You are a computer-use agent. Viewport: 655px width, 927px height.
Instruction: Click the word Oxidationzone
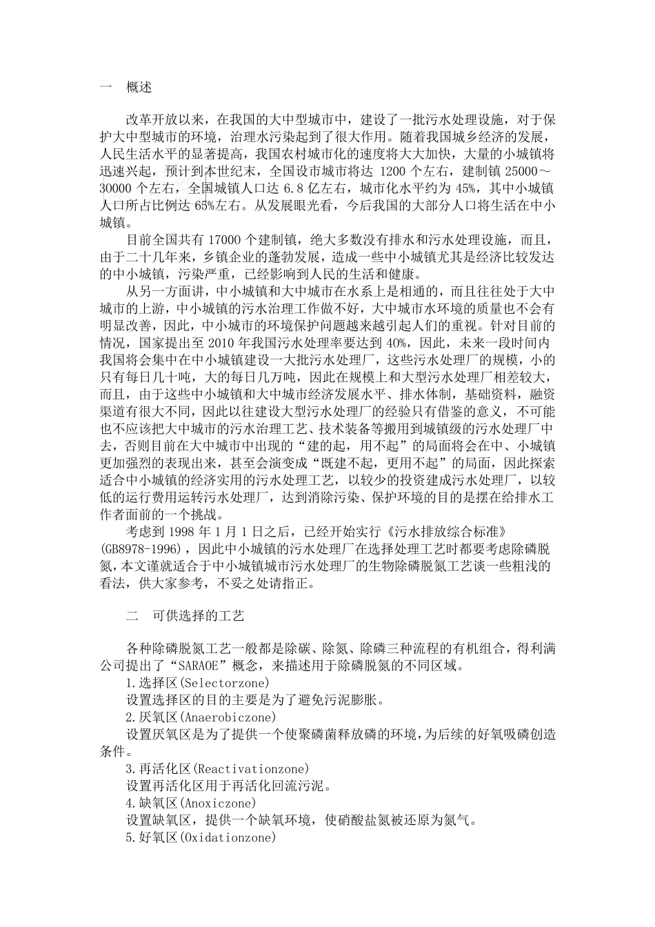point(228,837)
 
